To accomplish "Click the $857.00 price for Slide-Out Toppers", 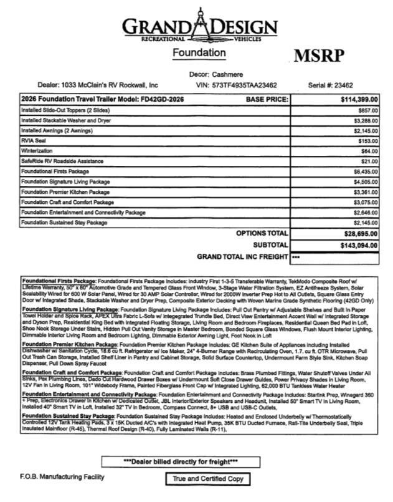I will tap(365, 109).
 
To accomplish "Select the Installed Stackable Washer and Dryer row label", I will tap(62, 120).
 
